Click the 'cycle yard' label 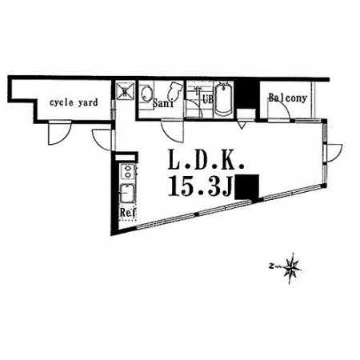click(x=74, y=102)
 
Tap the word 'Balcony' click(x=287, y=98)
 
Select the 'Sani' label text click(x=163, y=103)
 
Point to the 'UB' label click(x=208, y=99)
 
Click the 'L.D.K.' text click(x=206, y=159)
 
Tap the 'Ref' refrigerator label click(x=128, y=213)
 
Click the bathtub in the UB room click(x=223, y=98)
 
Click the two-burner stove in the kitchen click(x=128, y=172)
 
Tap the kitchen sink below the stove click(x=128, y=193)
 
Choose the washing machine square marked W click(x=125, y=91)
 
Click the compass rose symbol click(x=290, y=267)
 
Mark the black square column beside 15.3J click(x=247, y=186)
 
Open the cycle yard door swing click(x=59, y=133)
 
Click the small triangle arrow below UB click(x=242, y=126)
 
